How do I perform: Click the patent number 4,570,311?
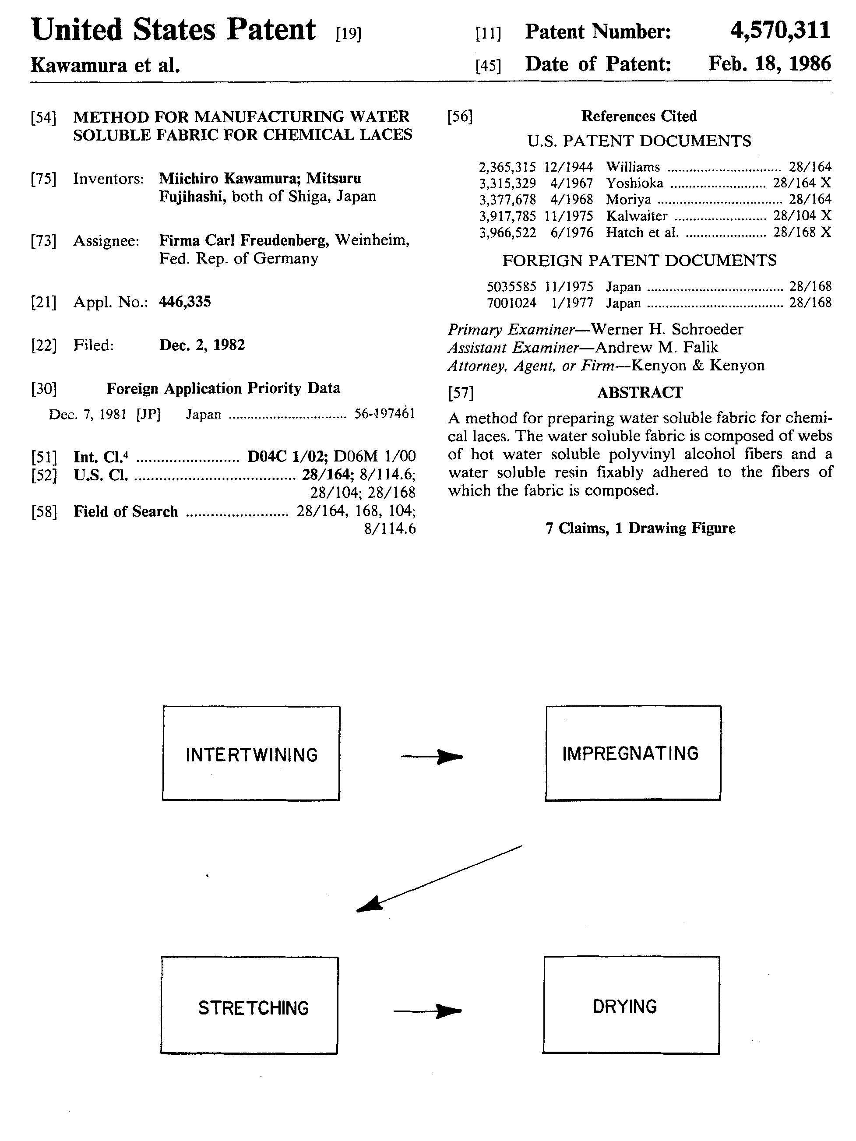[780, 31]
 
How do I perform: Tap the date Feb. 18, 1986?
[769, 64]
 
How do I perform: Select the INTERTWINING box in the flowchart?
[251, 753]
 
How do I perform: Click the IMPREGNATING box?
[633, 753]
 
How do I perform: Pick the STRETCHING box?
[250, 1005]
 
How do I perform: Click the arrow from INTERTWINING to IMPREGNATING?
[432, 757]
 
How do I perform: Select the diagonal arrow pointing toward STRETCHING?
[439, 878]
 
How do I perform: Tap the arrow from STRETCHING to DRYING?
[427, 1011]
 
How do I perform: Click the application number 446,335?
[185, 302]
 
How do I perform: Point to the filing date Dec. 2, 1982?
[202, 345]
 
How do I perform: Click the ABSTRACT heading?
[640, 393]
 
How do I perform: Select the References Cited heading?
[639, 116]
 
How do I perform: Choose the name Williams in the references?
[633, 167]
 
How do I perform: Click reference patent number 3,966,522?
[508, 232]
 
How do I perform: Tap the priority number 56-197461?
[384, 414]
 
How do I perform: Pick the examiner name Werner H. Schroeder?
[667, 329]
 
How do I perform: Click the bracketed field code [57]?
[460, 393]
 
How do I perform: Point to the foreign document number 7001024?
[511, 303]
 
